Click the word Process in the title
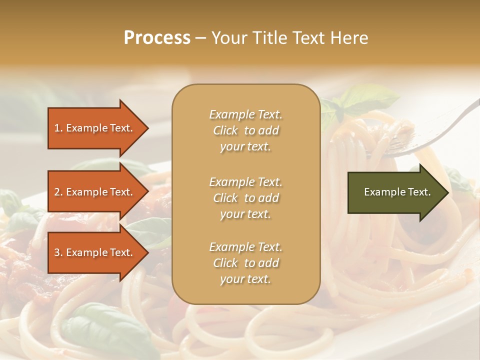157,38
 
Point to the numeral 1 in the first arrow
57,128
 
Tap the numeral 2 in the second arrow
57,192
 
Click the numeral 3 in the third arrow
57,252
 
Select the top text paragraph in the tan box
245,130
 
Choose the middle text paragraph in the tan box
245,198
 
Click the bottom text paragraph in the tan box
245,263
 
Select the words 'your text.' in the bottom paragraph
245,279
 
